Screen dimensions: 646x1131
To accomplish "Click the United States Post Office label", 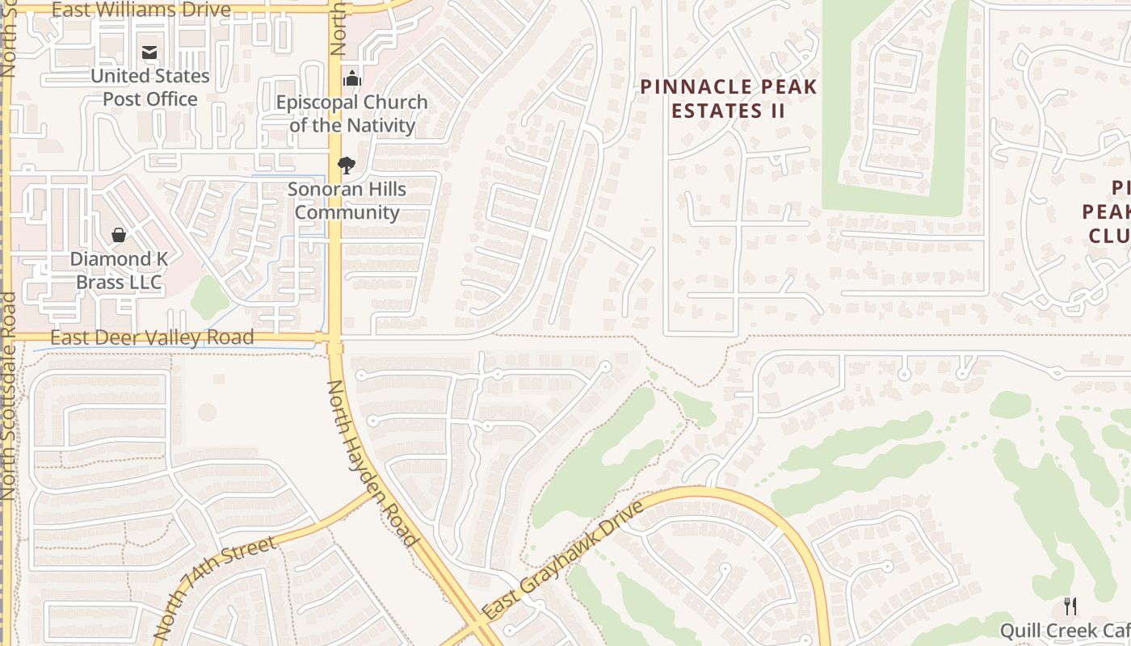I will click(149, 87).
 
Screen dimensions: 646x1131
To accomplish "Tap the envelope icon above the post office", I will click(149, 53).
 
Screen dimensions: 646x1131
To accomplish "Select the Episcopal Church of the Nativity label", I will click(352, 114).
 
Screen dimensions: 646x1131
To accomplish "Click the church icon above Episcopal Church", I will click(351, 79).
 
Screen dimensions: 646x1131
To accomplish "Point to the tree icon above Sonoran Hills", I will click(347, 166).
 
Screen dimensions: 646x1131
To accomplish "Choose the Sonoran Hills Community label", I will click(347, 200).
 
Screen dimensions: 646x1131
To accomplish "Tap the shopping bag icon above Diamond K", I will click(119, 235).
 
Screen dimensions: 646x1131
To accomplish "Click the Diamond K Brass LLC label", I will click(119, 271).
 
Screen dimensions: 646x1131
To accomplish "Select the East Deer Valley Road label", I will click(152, 338).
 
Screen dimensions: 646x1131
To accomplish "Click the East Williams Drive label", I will click(141, 10).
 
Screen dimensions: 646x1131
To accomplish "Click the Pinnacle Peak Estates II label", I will click(729, 99).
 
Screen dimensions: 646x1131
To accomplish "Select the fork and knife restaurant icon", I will click(1070, 606).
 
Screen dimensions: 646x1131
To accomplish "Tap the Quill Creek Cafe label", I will click(1065, 631).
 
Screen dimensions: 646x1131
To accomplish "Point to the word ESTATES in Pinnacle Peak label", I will click(708, 111).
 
